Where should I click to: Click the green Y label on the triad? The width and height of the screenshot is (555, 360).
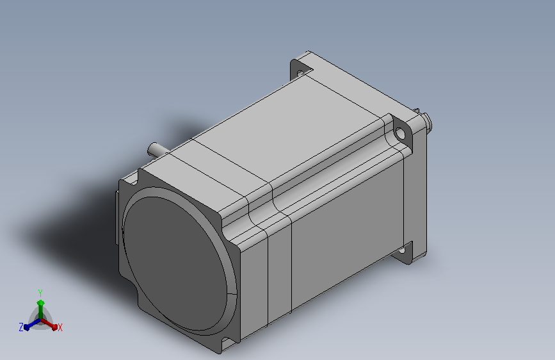(40, 293)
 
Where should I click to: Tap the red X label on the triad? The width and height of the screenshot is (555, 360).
(60, 327)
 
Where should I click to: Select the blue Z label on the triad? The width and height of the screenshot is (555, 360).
(21, 327)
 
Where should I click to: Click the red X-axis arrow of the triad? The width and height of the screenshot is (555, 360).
(49, 324)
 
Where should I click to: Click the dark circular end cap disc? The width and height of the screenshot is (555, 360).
(175, 263)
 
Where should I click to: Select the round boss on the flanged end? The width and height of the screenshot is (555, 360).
(426, 122)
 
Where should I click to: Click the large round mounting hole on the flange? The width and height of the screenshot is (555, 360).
(400, 134)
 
